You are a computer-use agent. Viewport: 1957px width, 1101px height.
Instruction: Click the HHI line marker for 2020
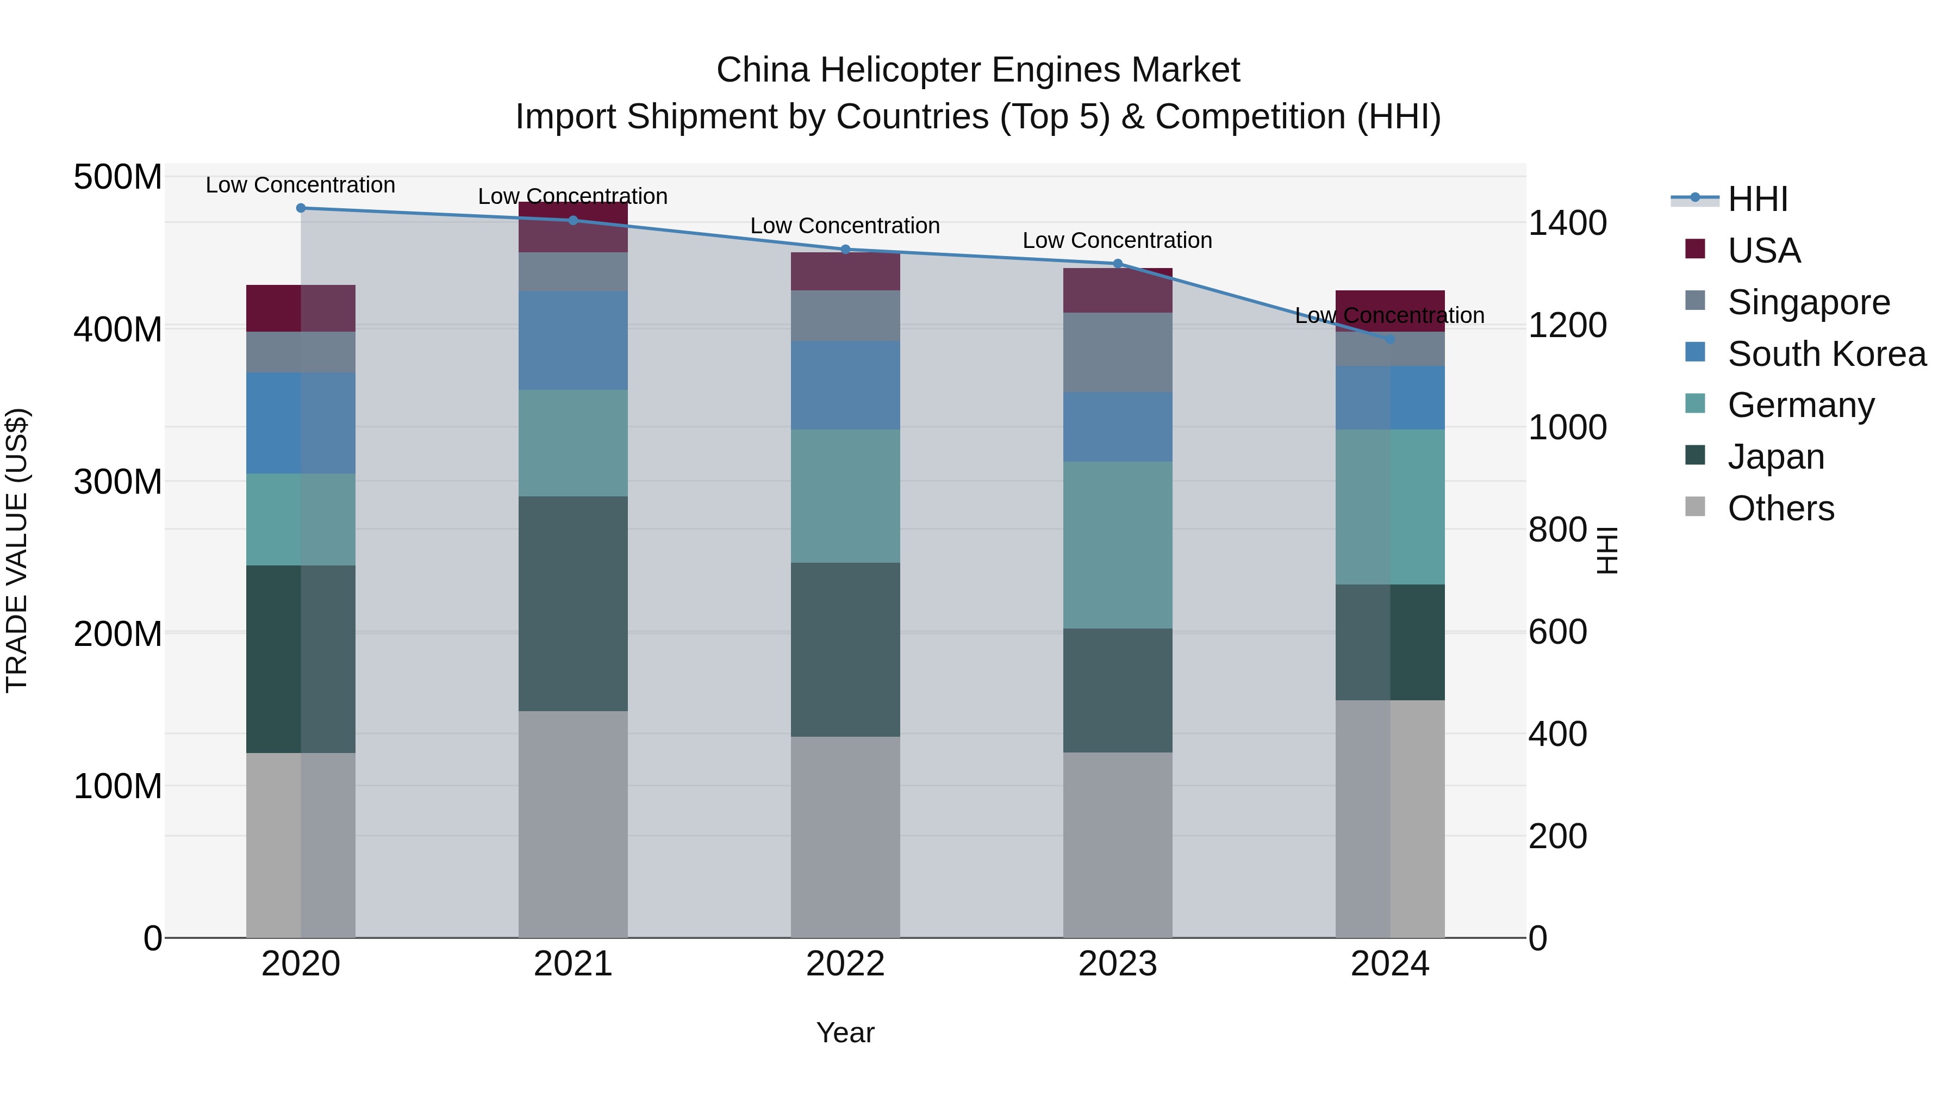click(301, 208)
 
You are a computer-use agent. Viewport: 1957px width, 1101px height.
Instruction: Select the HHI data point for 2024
click(1390, 340)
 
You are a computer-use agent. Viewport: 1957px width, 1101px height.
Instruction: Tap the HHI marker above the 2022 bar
click(845, 249)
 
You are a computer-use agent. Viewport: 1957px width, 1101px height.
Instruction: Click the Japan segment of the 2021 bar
click(573, 604)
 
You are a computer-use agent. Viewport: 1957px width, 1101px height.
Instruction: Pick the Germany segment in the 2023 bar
click(1118, 545)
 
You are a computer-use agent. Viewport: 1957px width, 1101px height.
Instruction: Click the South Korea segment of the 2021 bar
click(573, 340)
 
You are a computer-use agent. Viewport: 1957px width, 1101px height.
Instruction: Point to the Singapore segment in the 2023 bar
click(1118, 352)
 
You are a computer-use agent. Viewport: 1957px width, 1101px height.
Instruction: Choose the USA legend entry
click(1762, 251)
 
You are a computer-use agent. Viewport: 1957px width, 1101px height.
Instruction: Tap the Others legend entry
click(1780, 508)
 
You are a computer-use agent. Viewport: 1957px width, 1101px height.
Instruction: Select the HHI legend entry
click(1756, 199)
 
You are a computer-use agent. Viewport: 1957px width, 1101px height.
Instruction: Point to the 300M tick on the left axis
click(118, 482)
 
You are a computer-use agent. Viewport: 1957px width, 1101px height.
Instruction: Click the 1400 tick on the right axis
click(1567, 223)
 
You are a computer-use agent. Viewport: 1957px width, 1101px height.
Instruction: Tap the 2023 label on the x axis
click(1118, 964)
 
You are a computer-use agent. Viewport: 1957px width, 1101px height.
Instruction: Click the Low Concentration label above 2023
click(1118, 241)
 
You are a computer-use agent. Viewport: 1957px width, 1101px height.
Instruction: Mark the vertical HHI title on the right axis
click(1607, 550)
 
